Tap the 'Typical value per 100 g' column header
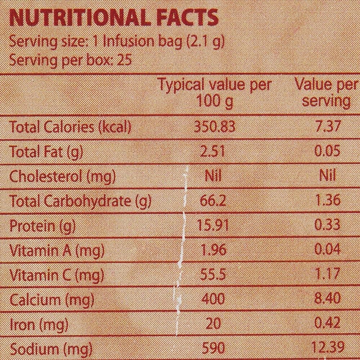tap(215, 93)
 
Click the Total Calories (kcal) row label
tap(70, 127)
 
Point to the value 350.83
tap(215, 127)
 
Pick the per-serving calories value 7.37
tap(327, 127)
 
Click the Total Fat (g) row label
tap(46, 152)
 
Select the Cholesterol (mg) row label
tap(62, 176)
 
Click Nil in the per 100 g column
tap(213, 176)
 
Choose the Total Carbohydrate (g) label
tap(80, 201)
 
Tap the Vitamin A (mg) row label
tap(57, 250)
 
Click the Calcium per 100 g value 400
tap(213, 299)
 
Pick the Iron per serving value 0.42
tap(327, 324)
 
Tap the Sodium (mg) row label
tap(51, 349)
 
